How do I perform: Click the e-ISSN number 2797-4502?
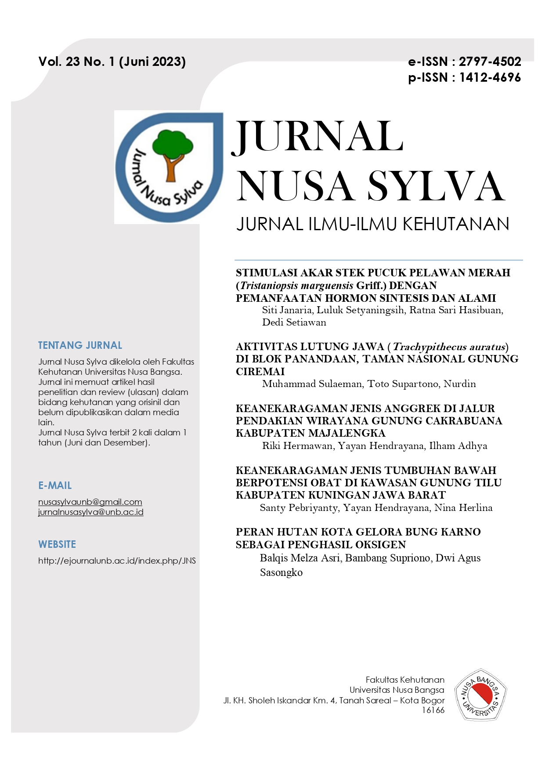coord(490,62)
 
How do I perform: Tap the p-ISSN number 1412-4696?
coord(490,78)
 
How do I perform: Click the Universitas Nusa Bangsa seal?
coord(480,695)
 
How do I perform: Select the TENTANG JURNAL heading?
coord(80,345)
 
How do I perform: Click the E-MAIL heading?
coord(55,485)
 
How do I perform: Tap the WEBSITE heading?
coord(57,544)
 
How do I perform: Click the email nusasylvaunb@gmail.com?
coord(90,502)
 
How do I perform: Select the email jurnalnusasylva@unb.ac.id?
coord(91,512)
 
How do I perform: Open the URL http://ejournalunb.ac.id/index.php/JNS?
coord(117,561)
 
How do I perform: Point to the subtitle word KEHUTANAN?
coord(456,224)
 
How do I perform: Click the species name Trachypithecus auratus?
coord(449,347)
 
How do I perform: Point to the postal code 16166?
coord(433,710)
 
